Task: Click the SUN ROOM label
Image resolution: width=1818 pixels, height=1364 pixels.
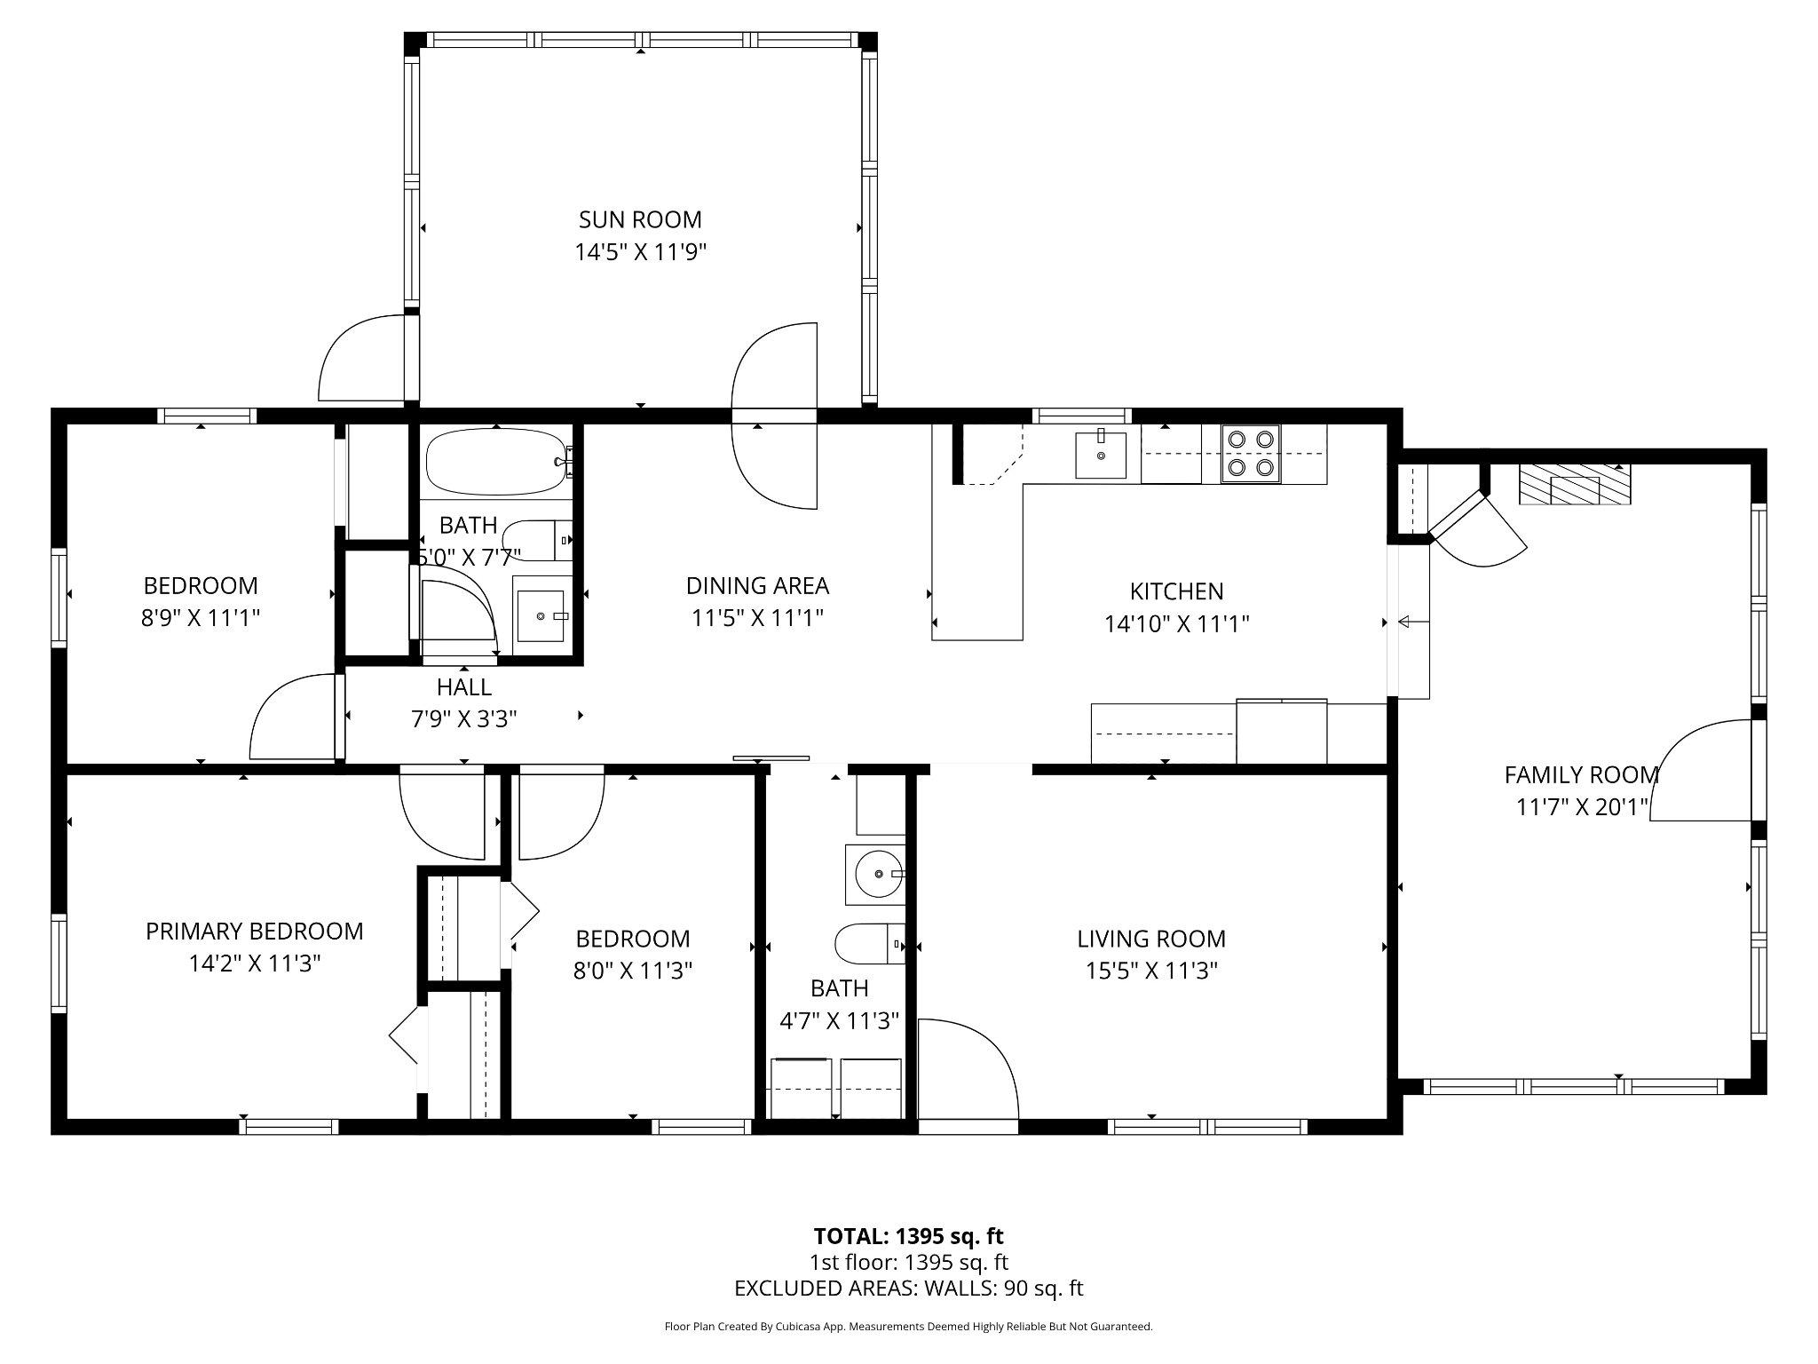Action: [639, 219]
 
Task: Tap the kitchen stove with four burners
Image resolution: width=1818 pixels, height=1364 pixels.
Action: [1250, 453]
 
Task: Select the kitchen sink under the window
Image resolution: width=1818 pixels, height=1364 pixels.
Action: [1101, 455]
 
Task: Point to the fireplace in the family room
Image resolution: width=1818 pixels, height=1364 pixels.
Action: [1575, 486]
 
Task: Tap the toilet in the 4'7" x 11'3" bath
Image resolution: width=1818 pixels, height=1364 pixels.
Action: [870, 944]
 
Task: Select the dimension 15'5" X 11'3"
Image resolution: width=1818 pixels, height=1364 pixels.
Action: [1150, 971]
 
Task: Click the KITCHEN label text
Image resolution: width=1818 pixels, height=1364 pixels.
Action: [1176, 591]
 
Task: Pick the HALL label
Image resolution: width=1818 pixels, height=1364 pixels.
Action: [463, 687]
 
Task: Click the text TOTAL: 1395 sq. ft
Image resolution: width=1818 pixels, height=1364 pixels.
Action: [908, 1236]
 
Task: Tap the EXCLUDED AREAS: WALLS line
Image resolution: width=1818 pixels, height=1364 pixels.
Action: [908, 1289]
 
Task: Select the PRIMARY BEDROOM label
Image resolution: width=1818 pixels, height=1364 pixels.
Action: [254, 932]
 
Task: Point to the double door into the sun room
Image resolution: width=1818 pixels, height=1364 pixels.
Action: [774, 416]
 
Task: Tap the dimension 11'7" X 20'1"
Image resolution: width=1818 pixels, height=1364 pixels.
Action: [1581, 807]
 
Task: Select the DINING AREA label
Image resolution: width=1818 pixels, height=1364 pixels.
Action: [757, 586]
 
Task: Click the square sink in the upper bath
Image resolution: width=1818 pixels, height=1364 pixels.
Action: [541, 615]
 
